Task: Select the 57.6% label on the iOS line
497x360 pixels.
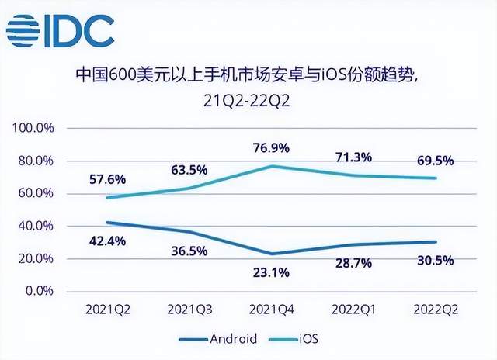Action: point(106,178)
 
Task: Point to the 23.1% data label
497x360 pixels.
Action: point(271,272)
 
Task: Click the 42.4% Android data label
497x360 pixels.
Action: point(106,241)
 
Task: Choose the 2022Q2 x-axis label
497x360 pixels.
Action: point(434,310)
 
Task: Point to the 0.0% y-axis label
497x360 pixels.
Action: point(39,291)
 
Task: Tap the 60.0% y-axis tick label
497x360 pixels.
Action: point(37,193)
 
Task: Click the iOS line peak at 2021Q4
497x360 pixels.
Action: point(270,166)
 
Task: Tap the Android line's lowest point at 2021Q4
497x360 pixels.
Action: point(270,254)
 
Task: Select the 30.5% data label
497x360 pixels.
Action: point(434,261)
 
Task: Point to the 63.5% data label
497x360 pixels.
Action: point(189,170)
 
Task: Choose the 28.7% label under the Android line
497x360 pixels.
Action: point(353,265)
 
